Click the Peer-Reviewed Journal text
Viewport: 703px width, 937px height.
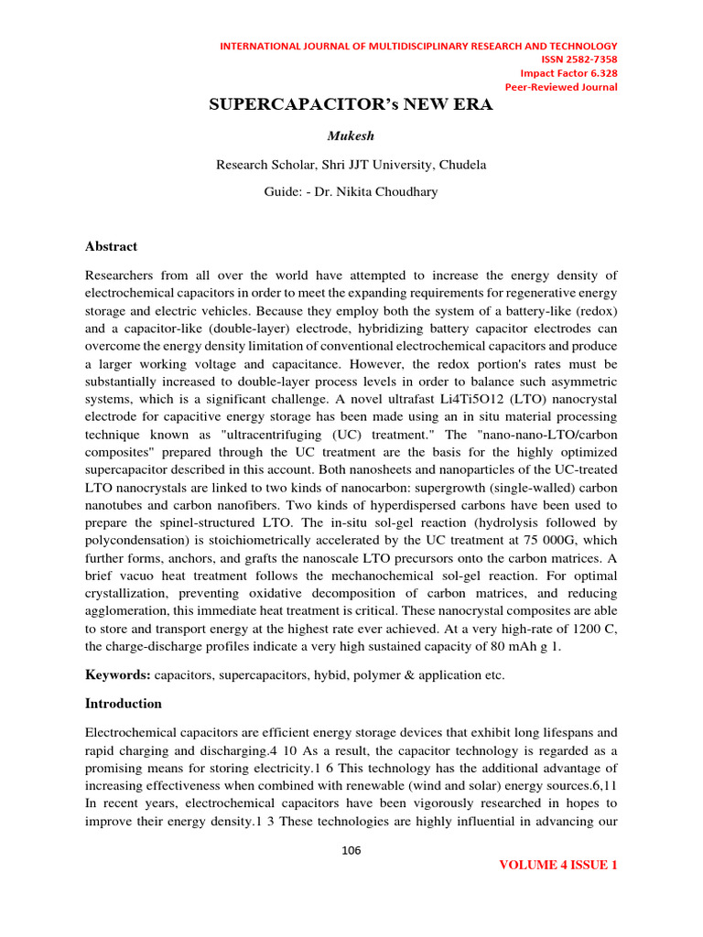click(563, 87)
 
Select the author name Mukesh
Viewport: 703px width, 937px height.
click(351, 136)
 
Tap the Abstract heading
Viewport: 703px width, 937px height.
click(111, 246)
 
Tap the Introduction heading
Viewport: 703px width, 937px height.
click(124, 704)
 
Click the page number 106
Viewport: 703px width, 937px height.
click(351, 851)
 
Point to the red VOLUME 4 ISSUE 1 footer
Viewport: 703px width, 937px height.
click(558, 865)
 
